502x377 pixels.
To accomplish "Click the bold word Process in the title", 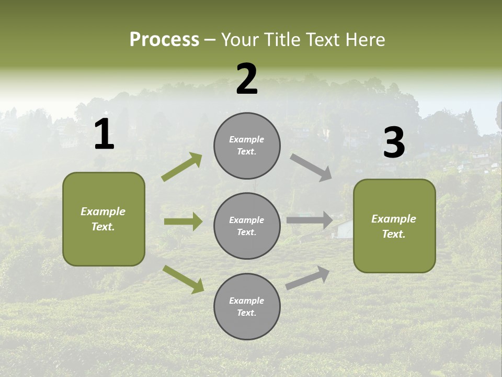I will (164, 39).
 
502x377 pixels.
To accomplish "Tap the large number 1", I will (104, 135).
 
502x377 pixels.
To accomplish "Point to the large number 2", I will (247, 79).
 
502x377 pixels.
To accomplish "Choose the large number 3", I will (394, 142).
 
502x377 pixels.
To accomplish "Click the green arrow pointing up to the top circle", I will (182, 167).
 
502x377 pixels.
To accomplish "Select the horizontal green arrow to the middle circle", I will (183, 221).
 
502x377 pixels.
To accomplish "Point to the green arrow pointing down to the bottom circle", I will (183, 279).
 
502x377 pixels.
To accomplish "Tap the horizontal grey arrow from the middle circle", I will (310, 220).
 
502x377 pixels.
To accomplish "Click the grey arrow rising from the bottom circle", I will (307, 278).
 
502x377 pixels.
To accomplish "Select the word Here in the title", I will (364, 39).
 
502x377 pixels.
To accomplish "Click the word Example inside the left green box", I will (103, 212).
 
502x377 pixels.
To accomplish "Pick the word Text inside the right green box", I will (393, 234).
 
